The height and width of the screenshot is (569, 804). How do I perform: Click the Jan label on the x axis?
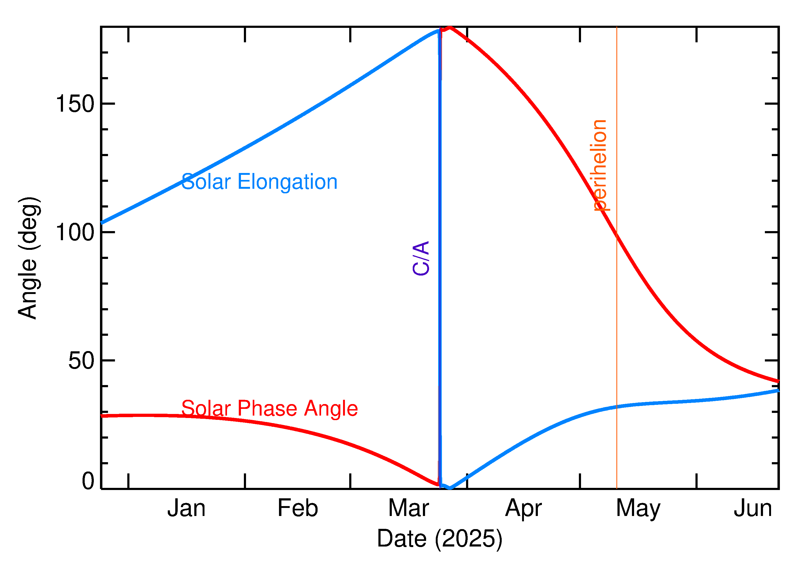[186, 508]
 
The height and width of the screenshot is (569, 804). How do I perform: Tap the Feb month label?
[298, 508]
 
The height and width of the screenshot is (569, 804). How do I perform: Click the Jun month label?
[753, 508]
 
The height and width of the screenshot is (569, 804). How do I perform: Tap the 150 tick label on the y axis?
[75, 104]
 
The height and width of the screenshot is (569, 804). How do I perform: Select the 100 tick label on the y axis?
[75, 232]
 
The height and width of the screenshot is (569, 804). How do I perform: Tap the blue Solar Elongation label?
[259, 182]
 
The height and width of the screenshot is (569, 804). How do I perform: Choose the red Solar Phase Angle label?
[269, 409]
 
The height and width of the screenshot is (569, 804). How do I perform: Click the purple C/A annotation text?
[421, 258]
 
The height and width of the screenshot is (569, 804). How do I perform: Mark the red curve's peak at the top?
[450, 27]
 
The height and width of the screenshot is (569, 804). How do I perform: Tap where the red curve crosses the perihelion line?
[617, 235]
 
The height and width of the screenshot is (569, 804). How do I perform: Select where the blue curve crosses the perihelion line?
[617, 407]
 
